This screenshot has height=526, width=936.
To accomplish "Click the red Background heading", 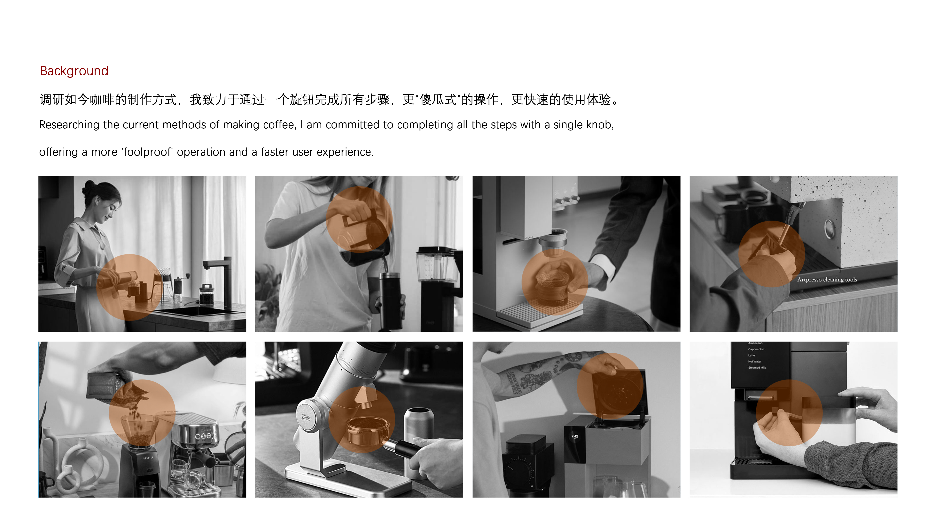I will pyautogui.click(x=74, y=71).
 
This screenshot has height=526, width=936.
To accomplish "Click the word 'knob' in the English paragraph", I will pyautogui.click(x=601, y=125).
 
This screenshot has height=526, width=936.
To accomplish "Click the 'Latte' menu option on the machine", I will pyautogui.click(x=751, y=355).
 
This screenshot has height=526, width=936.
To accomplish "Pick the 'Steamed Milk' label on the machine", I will pyautogui.click(x=757, y=368).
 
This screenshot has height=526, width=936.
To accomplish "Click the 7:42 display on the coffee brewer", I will pyautogui.click(x=574, y=436).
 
